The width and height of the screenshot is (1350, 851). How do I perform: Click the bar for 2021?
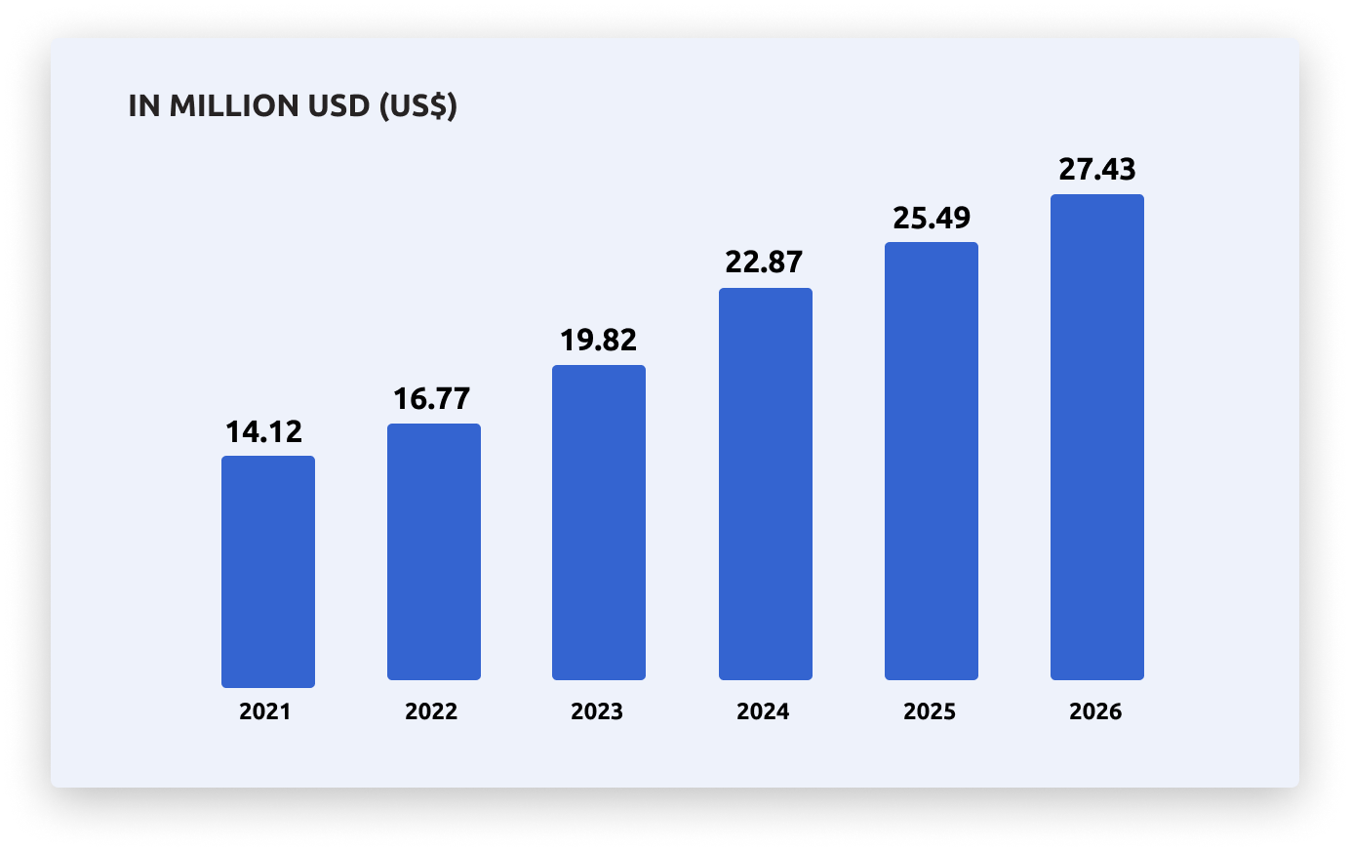pos(268,572)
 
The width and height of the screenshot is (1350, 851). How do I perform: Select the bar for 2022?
pos(434,551)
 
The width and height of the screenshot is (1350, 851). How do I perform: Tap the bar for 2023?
pos(599,522)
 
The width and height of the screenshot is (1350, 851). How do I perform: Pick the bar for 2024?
pos(766,484)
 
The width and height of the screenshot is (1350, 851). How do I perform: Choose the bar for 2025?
pos(932,461)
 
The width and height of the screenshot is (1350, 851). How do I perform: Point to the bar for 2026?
pos(1097,437)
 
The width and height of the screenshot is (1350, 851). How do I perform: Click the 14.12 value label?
pos(264,431)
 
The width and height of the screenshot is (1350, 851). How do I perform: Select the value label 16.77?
pos(431,398)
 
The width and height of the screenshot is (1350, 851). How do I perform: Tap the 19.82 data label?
pos(598,340)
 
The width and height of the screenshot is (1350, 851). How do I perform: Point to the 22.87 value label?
pos(764,262)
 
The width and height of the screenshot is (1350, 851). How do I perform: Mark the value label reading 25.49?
pos(932,218)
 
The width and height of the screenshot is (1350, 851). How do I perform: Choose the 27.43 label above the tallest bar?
pos(1097,169)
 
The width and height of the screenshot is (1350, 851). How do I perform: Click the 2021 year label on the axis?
pos(265,711)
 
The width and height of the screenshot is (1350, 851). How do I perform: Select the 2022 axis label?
pos(431,711)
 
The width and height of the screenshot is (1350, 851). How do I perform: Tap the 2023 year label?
pos(597,711)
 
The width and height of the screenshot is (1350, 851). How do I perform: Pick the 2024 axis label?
pos(763,711)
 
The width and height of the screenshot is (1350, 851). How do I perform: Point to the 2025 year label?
pos(930,711)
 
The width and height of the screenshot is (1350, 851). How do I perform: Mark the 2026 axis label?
pos(1095,711)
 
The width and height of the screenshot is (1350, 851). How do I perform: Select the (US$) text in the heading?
pos(417,105)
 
